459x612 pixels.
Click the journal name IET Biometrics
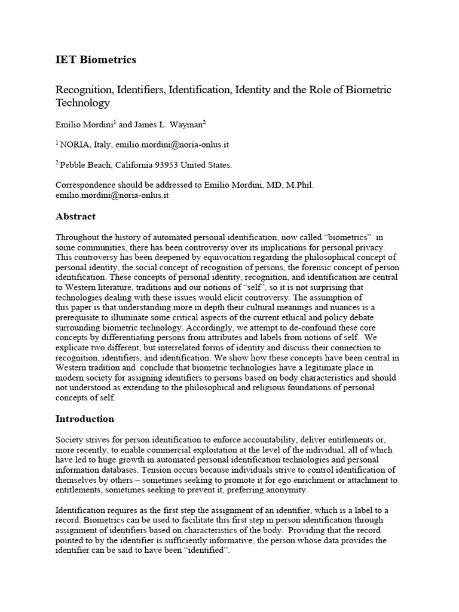click(96, 60)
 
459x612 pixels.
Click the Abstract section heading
click(75, 216)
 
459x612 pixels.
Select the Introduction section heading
click(85, 418)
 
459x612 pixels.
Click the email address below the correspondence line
click(112, 195)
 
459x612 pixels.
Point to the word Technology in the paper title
click(83, 103)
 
